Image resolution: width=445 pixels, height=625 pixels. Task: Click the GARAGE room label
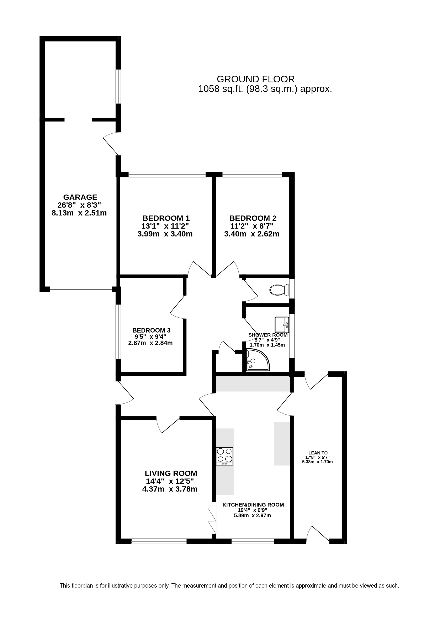[80, 197]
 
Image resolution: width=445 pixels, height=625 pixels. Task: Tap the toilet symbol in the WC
[279, 290]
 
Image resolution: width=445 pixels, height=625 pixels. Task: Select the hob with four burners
[224, 456]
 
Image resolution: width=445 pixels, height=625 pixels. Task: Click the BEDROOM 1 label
[166, 218]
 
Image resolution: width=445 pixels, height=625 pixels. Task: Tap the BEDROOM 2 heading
[253, 218]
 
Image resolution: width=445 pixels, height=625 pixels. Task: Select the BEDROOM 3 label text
[152, 330]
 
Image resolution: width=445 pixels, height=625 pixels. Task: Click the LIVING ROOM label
[171, 473]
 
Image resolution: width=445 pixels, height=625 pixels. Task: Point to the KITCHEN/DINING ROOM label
[253, 505]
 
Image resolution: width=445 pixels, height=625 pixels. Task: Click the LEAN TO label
[318, 453]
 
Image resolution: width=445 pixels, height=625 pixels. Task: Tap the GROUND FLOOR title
[256, 79]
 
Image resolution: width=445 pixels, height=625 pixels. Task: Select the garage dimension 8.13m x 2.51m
[79, 213]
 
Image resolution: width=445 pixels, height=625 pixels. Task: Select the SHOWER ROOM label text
[268, 335]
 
